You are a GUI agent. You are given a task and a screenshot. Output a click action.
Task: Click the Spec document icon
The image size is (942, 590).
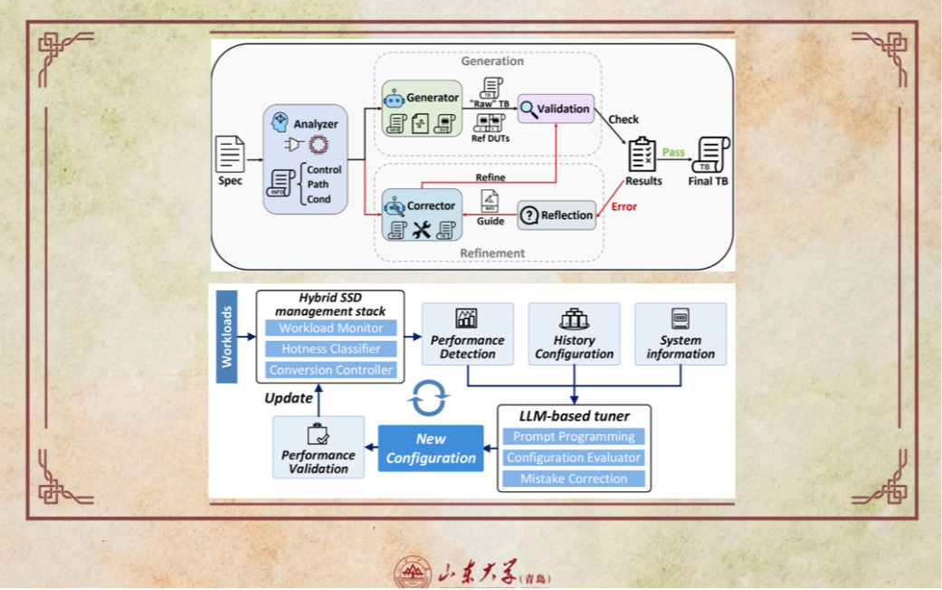[x=230, y=154]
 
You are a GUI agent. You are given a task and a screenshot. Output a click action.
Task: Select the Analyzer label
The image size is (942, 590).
[x=316, y=124]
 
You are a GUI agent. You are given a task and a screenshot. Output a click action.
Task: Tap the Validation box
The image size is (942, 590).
[x=556, y=109]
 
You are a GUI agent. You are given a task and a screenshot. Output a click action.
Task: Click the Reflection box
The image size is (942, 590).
[x=557, y=215]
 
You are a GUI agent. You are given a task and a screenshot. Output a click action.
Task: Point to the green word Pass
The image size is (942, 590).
[x=673, y=152]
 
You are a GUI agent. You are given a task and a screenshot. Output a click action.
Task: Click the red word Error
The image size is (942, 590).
[x=623, y=206]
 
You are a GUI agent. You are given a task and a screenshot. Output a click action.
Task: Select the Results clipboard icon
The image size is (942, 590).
[x=642, y=155]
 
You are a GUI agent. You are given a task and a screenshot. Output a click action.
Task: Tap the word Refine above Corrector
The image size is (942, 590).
[x=490, y=177]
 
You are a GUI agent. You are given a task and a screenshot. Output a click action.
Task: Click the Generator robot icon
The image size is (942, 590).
[x=393, y=98]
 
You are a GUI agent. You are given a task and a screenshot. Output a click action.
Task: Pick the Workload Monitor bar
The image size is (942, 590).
[x=330, y=328]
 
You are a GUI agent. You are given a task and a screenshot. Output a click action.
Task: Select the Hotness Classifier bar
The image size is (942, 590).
[x=330, y=349]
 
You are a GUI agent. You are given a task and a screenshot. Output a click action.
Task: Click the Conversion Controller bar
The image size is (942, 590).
[x=330, y=370]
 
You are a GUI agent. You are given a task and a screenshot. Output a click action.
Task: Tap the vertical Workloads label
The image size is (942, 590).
[x=227, y=336]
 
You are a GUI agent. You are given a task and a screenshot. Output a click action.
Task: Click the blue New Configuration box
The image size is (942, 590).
[x=431, y=449]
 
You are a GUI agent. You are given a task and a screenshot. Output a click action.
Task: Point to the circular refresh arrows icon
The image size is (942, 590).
[x=428, y=397]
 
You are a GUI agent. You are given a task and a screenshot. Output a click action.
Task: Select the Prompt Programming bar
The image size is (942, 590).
[x=574, y=437]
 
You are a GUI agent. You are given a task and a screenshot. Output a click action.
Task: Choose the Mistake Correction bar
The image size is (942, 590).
[x=574, y=479]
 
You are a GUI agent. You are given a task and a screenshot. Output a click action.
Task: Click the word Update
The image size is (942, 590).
[x=289, y=398]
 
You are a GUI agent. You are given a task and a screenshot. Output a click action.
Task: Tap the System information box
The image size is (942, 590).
[x=680, y=334]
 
